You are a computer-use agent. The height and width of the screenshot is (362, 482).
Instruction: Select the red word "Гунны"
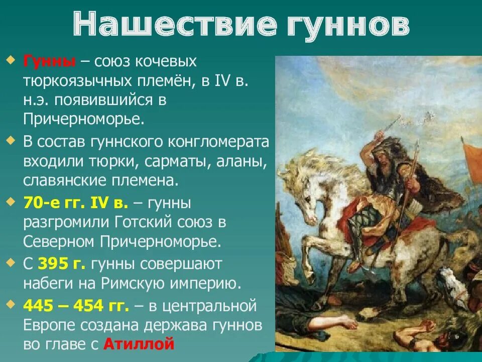click(x=49, y=62)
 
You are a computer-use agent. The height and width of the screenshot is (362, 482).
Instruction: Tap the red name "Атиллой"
click(x=139, y=344)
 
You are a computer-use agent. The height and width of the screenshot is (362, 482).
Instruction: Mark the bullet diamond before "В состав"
click(x=12, y=140)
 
